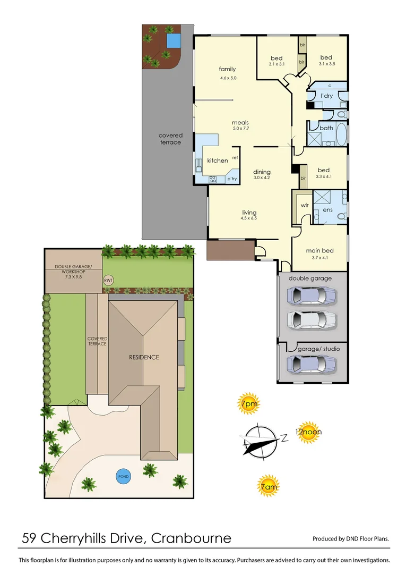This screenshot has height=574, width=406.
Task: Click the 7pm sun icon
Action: (x=248, y=403)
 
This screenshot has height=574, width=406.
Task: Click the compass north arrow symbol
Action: (x=260, y=440)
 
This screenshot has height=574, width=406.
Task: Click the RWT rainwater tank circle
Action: (x=108, y=280)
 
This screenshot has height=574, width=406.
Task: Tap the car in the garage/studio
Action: (x=311, y=364)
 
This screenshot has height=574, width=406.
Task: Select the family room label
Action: (x=227, y=69)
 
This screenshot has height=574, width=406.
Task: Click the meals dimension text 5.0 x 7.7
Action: (x=240, y=129)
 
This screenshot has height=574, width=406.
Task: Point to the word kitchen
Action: (x=217, y=161)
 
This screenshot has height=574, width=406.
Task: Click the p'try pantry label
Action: (x=232, y=179)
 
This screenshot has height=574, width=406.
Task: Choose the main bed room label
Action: (x=319, y=250)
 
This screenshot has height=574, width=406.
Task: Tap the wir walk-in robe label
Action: (x=305, y=205)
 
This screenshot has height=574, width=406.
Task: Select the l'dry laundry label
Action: (x=326, y=96)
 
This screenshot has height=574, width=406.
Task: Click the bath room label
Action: (x=326, y=128)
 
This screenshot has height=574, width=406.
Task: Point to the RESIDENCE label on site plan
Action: (x=143, y=357)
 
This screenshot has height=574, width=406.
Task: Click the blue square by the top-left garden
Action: (x=172, y=41)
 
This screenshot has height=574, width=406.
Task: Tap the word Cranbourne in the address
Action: (x=191, y=538)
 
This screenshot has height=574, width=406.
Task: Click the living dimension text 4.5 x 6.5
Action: (x=249, y=218)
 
